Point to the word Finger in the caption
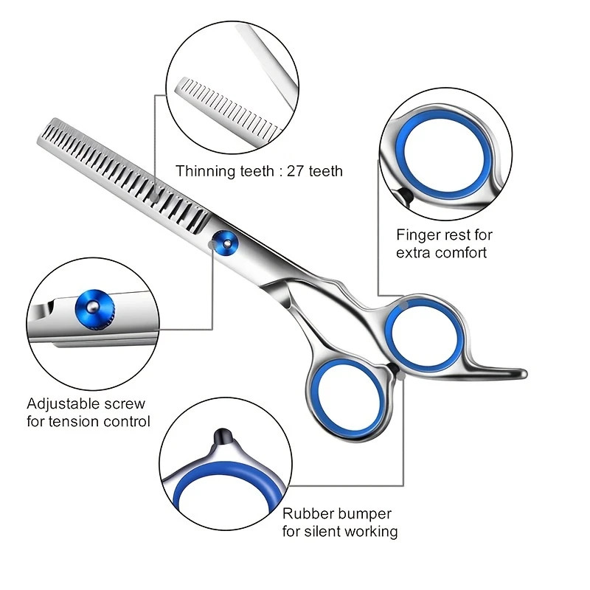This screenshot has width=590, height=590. [x=417, y=235]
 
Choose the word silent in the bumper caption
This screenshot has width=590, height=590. [x=326, y=532]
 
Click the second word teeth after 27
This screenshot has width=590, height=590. [x=327, y=171]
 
